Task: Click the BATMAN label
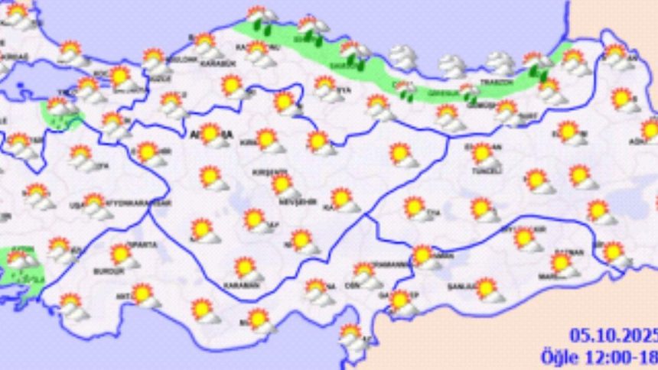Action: [x=574, y=253]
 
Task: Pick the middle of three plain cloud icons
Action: [x=452, y=65]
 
